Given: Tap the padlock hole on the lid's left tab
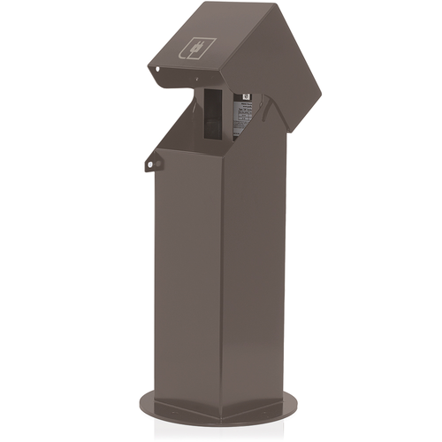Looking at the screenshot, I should tap(156, 70).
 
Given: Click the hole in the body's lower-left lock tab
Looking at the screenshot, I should tap(151, 163).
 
